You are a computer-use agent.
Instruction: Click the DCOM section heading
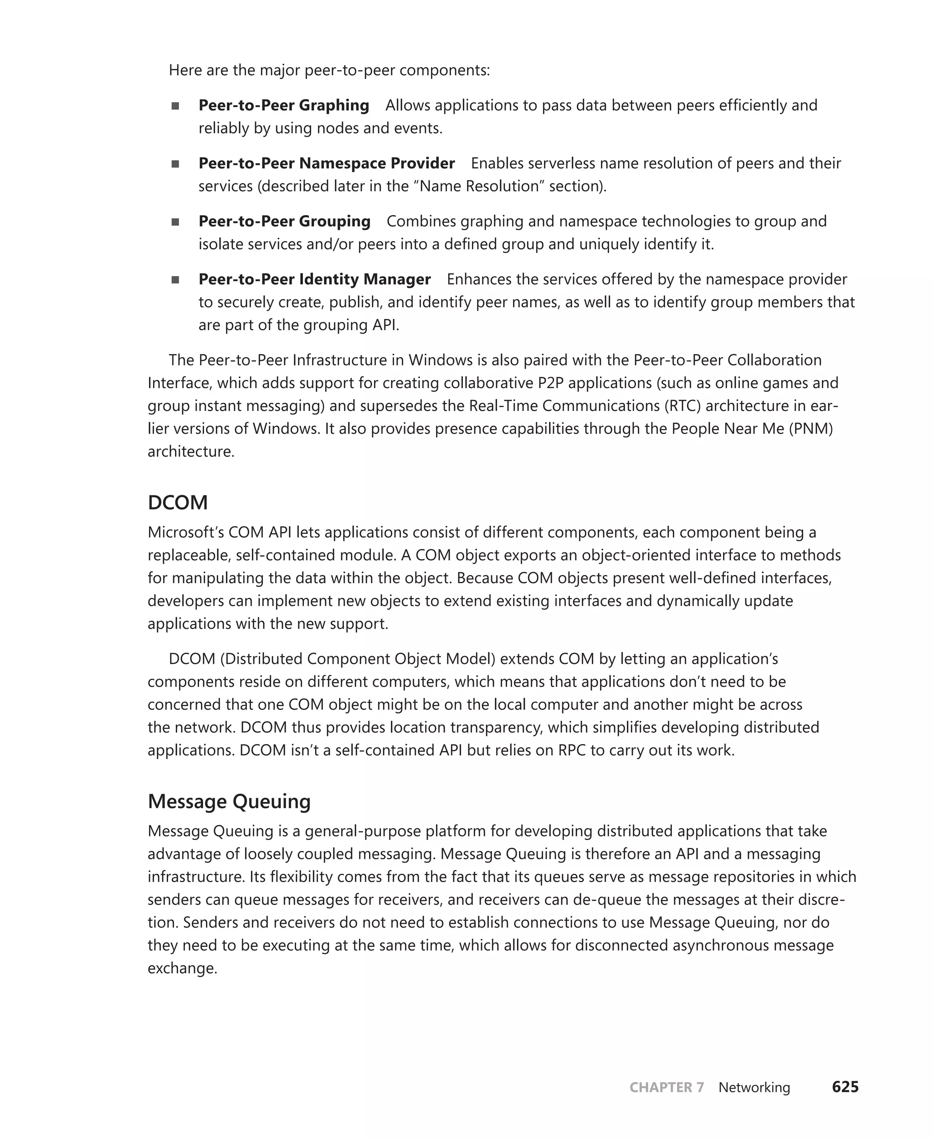coord(177,503)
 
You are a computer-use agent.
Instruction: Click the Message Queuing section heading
coord(229,801)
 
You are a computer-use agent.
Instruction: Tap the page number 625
coord(845,1087)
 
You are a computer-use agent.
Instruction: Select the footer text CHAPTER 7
coord(666,1088)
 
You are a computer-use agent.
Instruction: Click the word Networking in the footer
coord(754,1088)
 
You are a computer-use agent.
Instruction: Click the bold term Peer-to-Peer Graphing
coord(284,105)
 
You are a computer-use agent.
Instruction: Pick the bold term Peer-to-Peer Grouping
coord(284,221)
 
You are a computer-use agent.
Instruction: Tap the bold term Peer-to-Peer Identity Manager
coord(314,279)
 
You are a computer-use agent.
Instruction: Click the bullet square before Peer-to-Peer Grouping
coord(175,222)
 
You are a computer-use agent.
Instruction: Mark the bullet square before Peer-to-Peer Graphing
coord(175,106)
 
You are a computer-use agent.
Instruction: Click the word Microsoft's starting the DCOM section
coord(185,532)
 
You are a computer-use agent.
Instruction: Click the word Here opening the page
coord(185,71)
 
